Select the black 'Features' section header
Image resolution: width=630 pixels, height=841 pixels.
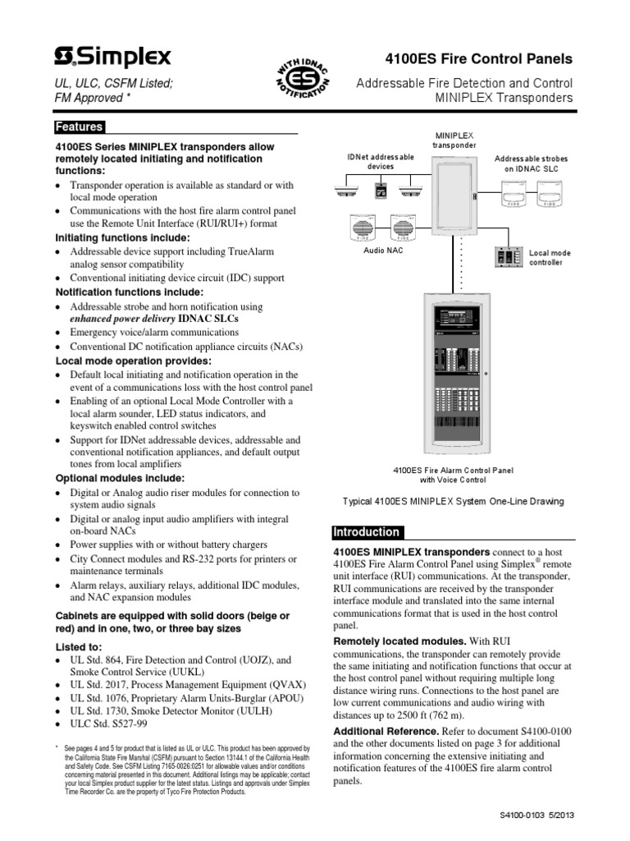(80, 127)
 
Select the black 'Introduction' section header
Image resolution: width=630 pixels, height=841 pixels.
(367, 532)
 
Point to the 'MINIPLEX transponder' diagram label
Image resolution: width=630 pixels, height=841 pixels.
(454, 140)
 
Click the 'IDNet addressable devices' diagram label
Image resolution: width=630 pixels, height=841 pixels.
(380, 161)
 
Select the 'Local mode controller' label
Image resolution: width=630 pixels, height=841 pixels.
(550, 258)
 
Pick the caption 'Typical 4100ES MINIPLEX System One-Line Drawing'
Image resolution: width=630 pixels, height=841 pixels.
(453, 502)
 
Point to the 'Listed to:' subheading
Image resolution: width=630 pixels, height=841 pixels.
(80, 646)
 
